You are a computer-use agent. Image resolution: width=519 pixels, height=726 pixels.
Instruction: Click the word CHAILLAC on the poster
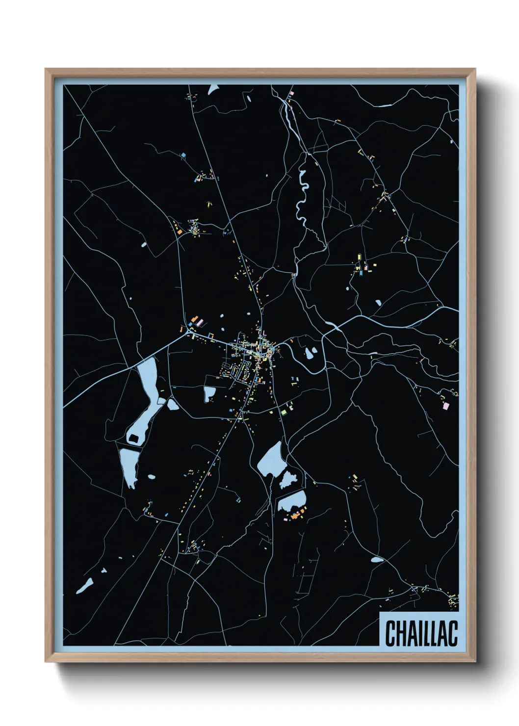click(x=421, y=633)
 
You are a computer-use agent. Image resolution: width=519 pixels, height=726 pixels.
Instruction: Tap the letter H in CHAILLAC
click(x=400, y=633)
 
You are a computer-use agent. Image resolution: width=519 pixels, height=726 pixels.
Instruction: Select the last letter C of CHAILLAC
click(x=452, y=633)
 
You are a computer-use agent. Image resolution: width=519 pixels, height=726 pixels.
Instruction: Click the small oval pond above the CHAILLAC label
click(x=377, y=559)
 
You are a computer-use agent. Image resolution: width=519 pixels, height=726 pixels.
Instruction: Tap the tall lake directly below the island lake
click(x=129, y=466)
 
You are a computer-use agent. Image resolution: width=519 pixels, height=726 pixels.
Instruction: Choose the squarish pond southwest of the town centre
click(x=209, y=393)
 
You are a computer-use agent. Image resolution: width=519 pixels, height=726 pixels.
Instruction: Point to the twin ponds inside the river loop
click(x=311, y=353)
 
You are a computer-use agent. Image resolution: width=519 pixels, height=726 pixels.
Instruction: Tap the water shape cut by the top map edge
click(x=213, y=89)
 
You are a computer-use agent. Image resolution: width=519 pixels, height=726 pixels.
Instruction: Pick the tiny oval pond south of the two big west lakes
click(x=152, y=477)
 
